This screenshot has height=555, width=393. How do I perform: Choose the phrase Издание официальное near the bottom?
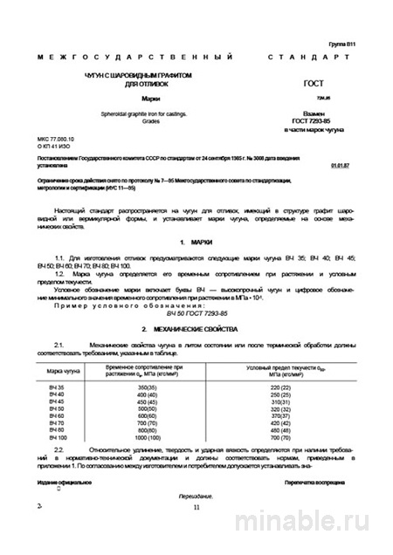(64, 482)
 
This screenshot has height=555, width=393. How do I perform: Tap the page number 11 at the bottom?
(196, 507)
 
